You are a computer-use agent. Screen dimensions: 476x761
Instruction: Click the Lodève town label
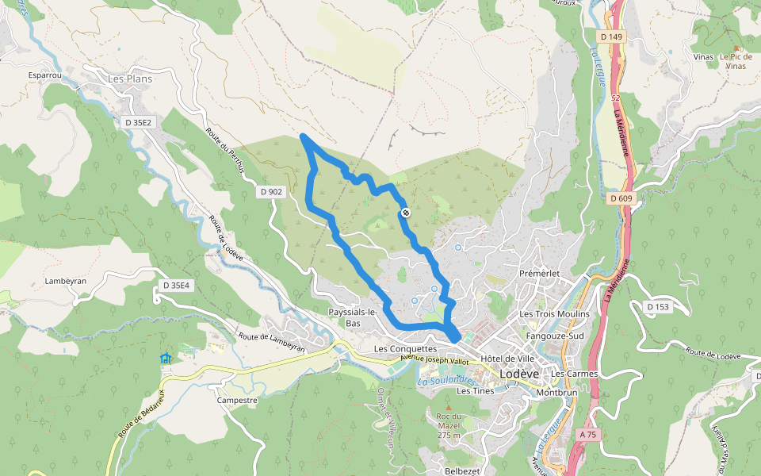click(x=519, y=374)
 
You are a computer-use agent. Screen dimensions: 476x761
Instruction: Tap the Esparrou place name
click(x=44, y=75)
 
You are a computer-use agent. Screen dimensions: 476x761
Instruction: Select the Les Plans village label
click(x=129, y=79)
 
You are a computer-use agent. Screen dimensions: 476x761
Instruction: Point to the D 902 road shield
click(x=270, y=192)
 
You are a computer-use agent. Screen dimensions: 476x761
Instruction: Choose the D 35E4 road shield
click(x=177, y=285)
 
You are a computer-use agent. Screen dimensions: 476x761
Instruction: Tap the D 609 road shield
click(x=621, y=198)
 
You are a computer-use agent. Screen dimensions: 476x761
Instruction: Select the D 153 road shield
click(x=658, y=307)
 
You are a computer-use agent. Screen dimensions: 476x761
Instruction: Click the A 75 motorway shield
click(x=587, y=435)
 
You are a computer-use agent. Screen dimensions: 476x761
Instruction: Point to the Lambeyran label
click(x=66, y=281)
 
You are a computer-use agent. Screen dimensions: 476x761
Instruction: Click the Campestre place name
click(x=237, y=401)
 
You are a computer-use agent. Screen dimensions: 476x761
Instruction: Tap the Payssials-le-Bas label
click(x=354, y=317)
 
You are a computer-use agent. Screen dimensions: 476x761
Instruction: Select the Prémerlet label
click(x=540, y=274)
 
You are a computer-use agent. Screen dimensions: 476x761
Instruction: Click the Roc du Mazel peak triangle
click(x=448, y=408)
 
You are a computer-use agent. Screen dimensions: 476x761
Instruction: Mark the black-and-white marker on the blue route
click(x=405, y=213)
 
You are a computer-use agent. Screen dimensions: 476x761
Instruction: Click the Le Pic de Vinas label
click(x=735, y=62)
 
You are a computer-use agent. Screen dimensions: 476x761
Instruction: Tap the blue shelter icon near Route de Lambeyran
click(x=165, y=359)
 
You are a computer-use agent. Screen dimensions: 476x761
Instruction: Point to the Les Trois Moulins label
click(x=554, y=314)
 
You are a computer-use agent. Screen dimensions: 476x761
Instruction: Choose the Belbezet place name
click(x=462, y=470)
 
